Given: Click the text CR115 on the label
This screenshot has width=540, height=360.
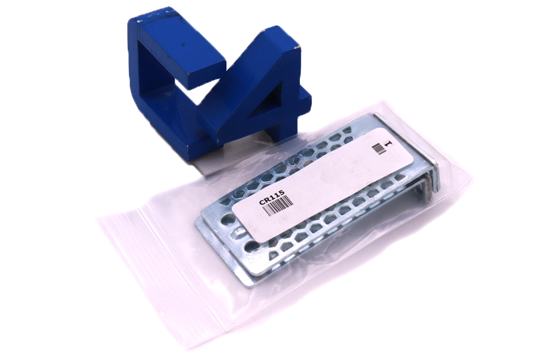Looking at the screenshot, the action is tap(272, 197).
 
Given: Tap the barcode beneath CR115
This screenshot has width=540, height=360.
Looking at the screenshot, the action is tap(280, 205).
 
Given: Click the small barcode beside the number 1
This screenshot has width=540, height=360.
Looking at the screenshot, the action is tap(379, 148).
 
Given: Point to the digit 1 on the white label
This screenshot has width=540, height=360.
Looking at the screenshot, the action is tap(388, 143).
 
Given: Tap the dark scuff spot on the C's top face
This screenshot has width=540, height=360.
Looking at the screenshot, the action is tap(183, 45).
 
